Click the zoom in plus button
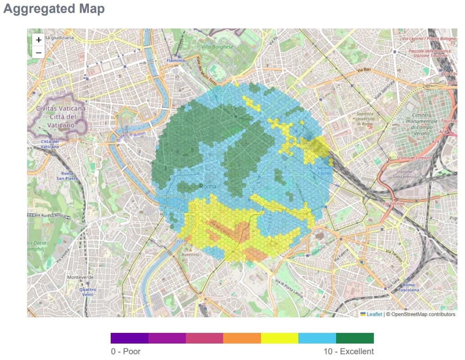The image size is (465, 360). click(x=39, y=40)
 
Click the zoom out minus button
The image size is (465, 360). click(x=39, y=52)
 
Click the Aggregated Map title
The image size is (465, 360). click(x=54, y=9)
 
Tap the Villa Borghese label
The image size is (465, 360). click(x=217, y=47)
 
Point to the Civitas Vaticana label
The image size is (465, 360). click(x=61, y=117)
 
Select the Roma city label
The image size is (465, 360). click(x=208, y=186)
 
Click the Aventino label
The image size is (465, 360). click(x=191, y=255)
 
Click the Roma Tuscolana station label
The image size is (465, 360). click(x=408, y=287)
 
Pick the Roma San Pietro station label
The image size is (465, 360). click(x=67, y=176)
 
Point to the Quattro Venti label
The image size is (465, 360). click(x=87, y=292)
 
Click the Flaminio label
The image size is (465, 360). click(x=176, y=60)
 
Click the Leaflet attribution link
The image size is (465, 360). click(x=374, y=314)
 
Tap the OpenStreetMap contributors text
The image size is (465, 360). click(x=421, y=314)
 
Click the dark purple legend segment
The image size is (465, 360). click(x=129, y=338)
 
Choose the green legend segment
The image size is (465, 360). click(x=355, y=338)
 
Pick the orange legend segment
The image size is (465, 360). click(x=242, y=338)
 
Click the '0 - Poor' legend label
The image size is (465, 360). click(x=126, y=352)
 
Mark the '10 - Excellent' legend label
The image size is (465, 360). click(x=349, y=352)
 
